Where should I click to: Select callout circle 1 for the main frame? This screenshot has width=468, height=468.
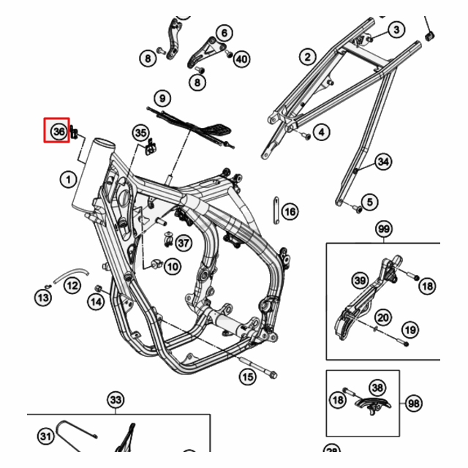click(x=67, y=178)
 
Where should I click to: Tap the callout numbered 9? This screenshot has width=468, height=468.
click(x=162, y=98)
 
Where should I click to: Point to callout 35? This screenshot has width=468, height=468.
click(x=140, y=132)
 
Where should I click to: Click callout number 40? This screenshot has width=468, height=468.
click(x=241, y=58)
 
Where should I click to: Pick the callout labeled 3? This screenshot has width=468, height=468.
click(x=396, y=30)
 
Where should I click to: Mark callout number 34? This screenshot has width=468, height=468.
click(x=383, y=162)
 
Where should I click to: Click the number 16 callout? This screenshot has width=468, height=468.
click(x=290, y=212)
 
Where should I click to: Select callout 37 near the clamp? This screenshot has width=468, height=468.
click(x=183, y=243)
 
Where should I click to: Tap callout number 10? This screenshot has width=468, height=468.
click(x=172, y=267)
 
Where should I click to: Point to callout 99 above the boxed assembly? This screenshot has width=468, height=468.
click(x=383, y=230)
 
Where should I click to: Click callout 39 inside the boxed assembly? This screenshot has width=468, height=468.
click(x=360, y=281)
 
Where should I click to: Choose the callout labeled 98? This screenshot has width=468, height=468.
click(x=414, y=403)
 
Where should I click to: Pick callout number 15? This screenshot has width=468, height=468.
click(x=248, y=377)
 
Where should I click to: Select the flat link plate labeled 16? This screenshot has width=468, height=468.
click(x=276, y=211)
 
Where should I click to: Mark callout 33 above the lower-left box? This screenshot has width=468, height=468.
click(x=116, y=400)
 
